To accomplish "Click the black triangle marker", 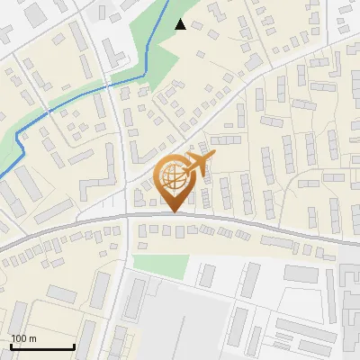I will (181, 24).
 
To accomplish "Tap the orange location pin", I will (172, 180).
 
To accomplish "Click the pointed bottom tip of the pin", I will (172, 211).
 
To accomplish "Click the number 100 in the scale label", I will (18, 338).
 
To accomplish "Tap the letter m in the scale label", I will (31, 338).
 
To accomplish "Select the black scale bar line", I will (41, 346).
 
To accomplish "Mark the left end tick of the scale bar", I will (10, 346).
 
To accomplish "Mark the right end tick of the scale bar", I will (74, 346).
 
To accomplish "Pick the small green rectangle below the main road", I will (161, 265).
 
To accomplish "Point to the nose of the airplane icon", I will (214, 157).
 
